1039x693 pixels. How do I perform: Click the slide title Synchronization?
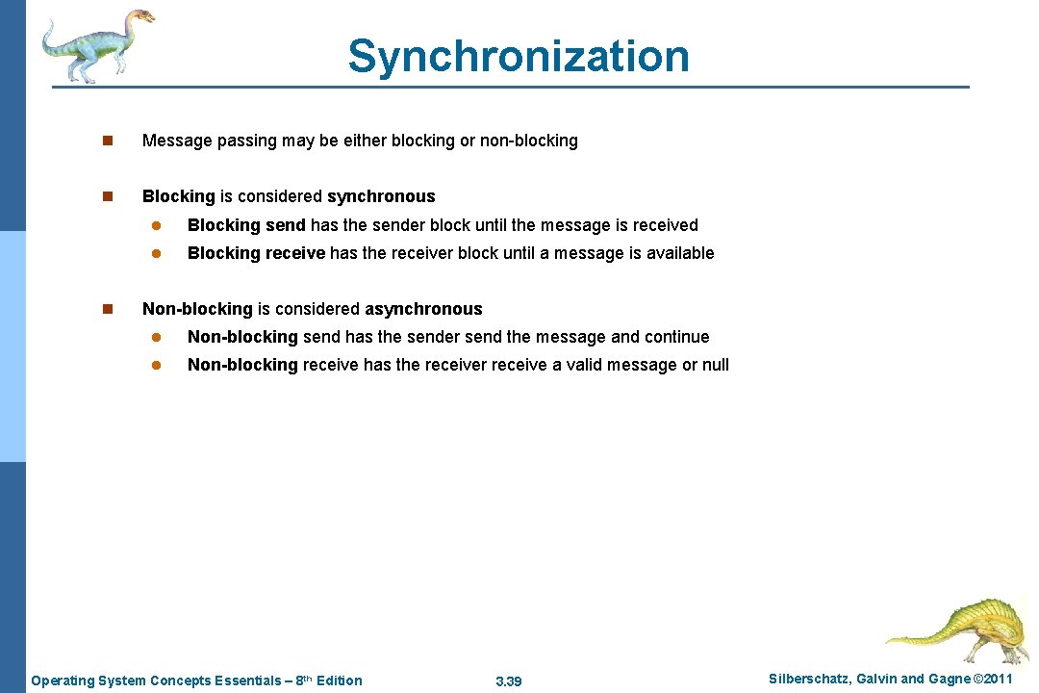(519, 56)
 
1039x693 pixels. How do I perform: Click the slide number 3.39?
(508, 681)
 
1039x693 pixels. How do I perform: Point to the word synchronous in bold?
(381, 196)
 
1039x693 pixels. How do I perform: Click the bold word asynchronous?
(423, 309)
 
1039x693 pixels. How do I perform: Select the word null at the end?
(715, 365)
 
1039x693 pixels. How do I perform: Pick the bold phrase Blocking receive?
(256, 253)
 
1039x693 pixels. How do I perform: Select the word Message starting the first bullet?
(177, 141)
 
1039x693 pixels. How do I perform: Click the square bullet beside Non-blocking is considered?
(109, 309)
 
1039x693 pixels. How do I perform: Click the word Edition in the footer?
(340, 680)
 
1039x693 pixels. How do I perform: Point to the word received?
(666, 225)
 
